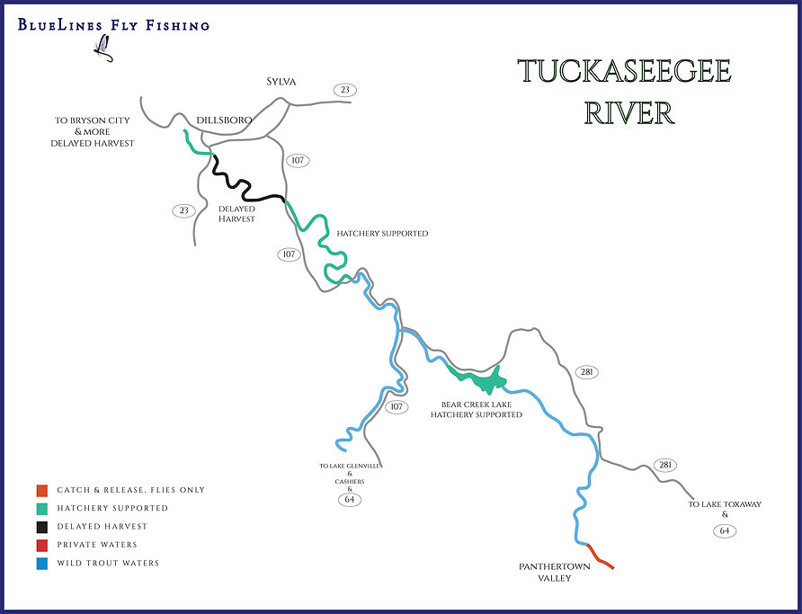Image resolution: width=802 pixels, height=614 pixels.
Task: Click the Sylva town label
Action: click(281, 82)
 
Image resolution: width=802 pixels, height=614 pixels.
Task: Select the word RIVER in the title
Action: click(628, 114)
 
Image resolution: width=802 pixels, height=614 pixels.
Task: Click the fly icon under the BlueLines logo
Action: click(102, 46)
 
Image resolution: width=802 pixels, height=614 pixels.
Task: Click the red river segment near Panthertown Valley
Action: click(600, 556)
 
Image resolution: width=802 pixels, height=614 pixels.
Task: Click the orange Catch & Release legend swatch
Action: click(41, 490)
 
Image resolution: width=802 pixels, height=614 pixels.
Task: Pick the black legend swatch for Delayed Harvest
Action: click(41, 527)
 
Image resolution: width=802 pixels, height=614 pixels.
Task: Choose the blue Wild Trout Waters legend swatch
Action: click(41, 564)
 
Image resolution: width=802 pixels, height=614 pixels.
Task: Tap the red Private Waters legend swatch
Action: click(41, 545)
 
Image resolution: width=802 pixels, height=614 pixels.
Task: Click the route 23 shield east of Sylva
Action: click(343, 90)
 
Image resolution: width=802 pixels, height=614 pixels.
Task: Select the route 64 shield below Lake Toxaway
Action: click(726, 530)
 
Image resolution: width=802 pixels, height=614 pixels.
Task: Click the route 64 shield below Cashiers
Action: click(350, 499)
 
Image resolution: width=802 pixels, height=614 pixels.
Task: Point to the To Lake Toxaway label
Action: click(725, 504)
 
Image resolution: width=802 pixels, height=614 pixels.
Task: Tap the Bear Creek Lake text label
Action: click(476, 405)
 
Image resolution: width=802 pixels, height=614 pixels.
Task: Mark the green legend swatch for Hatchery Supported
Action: click(41, 508)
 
